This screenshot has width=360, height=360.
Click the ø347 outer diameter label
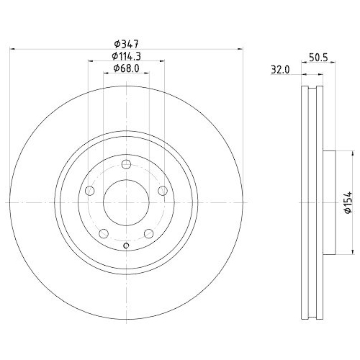point(127,42)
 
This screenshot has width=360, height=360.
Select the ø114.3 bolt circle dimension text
point(127,55)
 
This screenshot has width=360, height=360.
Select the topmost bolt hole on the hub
point(127,163)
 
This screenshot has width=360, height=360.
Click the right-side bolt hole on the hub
point(163,190)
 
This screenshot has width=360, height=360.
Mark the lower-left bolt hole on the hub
point(104,233)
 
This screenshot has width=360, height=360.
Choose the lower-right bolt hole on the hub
point(149,233)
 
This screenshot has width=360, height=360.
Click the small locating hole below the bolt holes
point(127,248)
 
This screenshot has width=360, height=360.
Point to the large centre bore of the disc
point(127,202)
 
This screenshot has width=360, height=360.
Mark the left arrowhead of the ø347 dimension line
point(12,49)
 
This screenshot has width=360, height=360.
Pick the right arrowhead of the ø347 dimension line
point(241,49)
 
